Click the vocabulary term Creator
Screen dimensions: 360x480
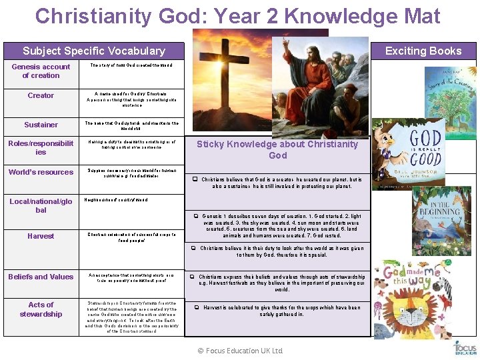click(41, 95)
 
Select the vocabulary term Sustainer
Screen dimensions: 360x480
click(41, 125)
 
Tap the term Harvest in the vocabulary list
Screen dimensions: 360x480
click(41, 236)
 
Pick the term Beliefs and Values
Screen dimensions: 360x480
click(41, 277)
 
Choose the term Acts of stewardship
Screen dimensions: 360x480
click(41, 309)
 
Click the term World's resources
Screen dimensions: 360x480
click(41, 172)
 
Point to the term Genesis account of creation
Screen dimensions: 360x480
click(41, 71)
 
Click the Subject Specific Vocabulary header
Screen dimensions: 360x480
click(94, 51)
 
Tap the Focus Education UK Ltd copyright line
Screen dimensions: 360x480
click(241, 351)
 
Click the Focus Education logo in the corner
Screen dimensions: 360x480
click(465, 347)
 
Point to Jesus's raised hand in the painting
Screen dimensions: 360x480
click(286, 46)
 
